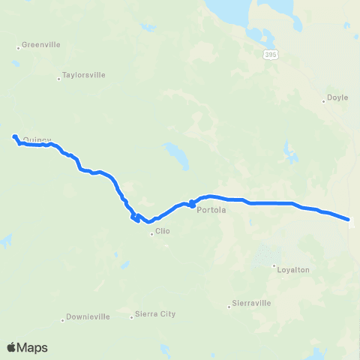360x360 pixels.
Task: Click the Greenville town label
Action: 40,45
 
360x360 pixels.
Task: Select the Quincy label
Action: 37,139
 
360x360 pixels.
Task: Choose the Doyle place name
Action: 338,98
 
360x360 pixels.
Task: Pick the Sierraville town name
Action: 251,304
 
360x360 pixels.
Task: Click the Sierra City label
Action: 154,314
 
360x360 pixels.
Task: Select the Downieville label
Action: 88,316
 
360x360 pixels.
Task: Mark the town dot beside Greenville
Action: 18,49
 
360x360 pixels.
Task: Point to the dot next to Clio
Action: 151,234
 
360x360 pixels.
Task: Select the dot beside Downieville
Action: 61,319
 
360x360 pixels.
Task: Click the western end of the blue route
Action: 15,136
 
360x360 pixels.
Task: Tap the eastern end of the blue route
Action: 349,219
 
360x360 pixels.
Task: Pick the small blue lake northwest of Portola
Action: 175,156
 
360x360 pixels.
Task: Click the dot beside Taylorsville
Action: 59,79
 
